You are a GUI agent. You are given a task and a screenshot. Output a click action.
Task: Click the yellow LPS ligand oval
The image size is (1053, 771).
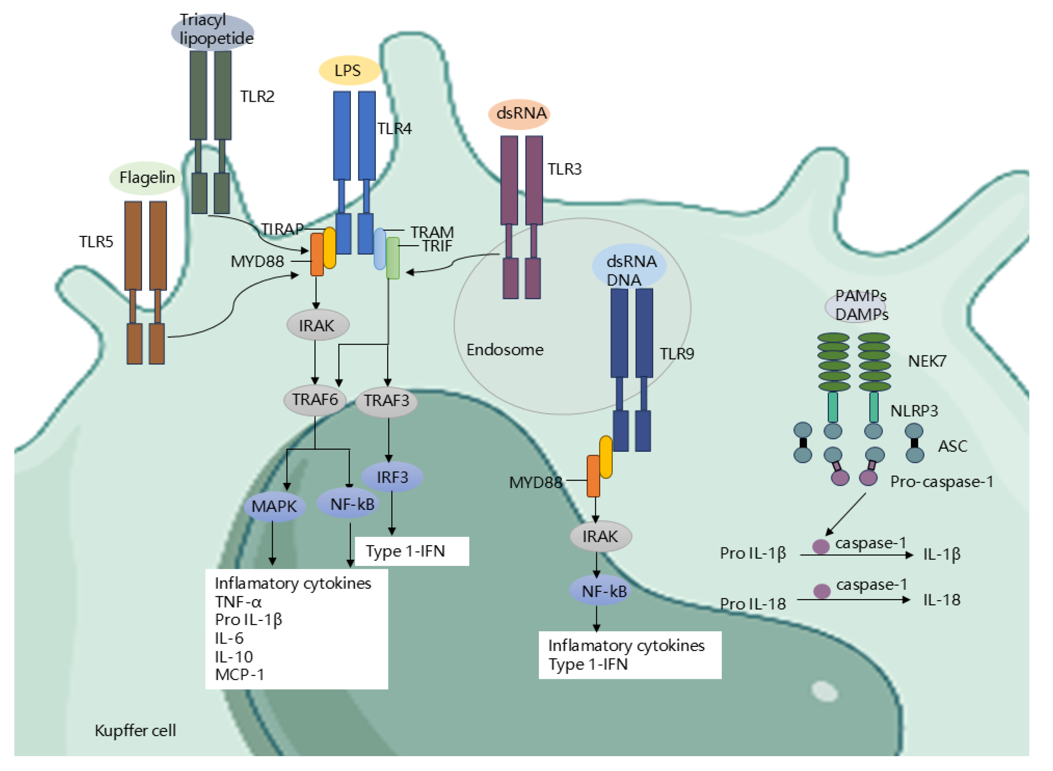(349, 71)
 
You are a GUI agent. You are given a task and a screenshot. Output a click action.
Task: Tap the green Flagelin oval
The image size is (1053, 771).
(146, 178)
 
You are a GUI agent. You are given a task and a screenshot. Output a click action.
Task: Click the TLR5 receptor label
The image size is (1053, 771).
(96, 242)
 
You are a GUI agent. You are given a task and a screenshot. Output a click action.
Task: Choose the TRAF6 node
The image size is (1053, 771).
(315, 400)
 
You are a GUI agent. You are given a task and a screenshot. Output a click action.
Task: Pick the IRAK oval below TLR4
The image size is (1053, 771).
(317, 325)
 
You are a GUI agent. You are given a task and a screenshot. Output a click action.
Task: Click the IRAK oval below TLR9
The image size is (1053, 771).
(601, 537)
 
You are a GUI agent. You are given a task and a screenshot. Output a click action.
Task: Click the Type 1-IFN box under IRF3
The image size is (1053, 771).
(412, 551)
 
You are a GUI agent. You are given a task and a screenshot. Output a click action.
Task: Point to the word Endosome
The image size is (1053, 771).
(505, 350)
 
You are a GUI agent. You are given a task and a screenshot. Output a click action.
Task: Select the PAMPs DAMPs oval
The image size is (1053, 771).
(857, 306)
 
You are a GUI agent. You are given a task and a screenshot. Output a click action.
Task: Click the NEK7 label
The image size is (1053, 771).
(927, 361)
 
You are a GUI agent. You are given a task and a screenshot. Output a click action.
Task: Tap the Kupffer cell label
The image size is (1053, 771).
(135, 731)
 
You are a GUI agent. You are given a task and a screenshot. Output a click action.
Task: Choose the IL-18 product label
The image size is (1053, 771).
(941, 600)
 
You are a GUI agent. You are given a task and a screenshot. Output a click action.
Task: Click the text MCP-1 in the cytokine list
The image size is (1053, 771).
(239, 675)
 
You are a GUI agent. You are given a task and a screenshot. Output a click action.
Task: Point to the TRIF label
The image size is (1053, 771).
(437, 246)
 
